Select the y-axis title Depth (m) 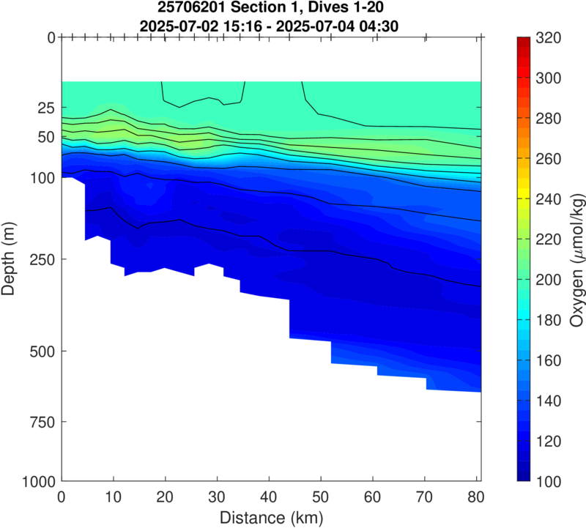10,259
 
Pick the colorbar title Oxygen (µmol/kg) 576,259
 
